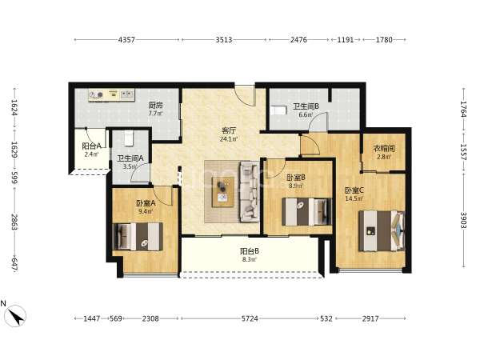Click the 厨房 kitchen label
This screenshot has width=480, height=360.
(x=155, y=106)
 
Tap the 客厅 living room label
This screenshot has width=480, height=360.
(x=229, y=130)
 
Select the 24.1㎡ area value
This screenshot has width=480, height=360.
(x=229, y=139)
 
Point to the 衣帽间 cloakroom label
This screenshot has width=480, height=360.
(x=384, y=149)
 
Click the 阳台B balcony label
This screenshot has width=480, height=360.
(x=250, y=251)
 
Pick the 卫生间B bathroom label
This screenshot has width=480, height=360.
(x=306, y=106)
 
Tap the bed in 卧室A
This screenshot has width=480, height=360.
(x=138, y=237)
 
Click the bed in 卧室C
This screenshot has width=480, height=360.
(x=382, y=231)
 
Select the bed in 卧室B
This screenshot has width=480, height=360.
(x=306, y=211)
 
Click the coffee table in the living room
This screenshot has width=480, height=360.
(x=223, y=192)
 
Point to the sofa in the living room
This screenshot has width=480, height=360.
(x=249, y=191)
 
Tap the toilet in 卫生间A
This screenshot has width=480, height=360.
(x=129, y=139)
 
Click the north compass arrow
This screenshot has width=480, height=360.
(x=15, y=316)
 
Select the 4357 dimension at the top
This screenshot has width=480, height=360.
(x=126, y=40)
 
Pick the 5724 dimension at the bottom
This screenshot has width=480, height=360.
(x=250, y=318)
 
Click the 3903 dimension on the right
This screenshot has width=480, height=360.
(x=463, y=220)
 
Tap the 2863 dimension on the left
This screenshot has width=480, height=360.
(x=14, y=222)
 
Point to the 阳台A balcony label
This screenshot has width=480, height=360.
(x=91, y=146)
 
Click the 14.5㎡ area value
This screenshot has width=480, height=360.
(x=354, y=198)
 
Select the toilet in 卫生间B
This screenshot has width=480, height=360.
(x=278, y=110)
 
